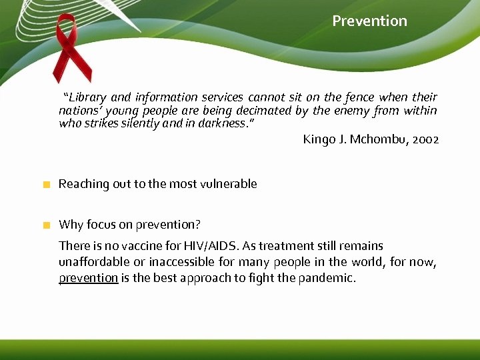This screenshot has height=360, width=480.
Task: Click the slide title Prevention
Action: coord(369,21)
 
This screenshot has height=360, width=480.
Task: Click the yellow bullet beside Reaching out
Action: coord(46,185)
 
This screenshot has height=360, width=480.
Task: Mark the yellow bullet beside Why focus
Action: coord(46,225)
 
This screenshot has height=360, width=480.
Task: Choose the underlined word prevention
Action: coord(88,278)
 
